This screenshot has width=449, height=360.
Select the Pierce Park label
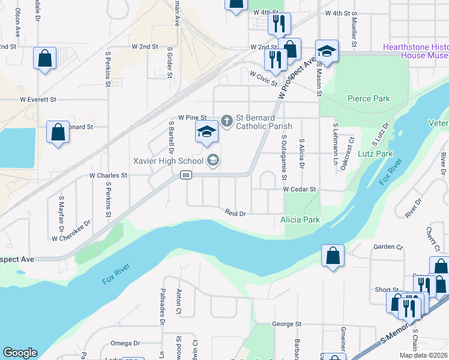pyautogui.click(x=369, y=98)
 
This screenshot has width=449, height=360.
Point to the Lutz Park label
pyautogui.click(x=376, y=154)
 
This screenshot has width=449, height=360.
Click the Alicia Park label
pyautogui.click(x=300, y=220)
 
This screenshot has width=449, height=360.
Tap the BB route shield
pyautogui.click(x=186, y=175)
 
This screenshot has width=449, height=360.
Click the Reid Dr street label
pyautogui.click(x=236, y=213)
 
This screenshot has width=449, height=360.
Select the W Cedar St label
pyautogui.click(x=299, y=189)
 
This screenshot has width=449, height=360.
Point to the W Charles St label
pyautogui.click(x=109, y=176)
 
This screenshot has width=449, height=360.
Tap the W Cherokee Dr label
pyautogui.click(x=71, y=230)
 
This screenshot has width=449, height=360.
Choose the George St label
pyautogui.click(x=286, y=324)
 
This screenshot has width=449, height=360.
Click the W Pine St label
pyautogui.click(x=192, y=118)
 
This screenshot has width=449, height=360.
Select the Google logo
pyautogui.click(x=20, y=353)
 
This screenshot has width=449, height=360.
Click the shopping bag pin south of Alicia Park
pyautogui.click(x=333, y=256)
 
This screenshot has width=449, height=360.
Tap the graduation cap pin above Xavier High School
pyautogui.click(x=206, y=132)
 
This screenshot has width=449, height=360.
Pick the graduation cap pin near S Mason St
pyautogui.click(x=327, y=51)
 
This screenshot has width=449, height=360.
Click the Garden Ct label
pyautogui.click(x=388, y=247)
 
